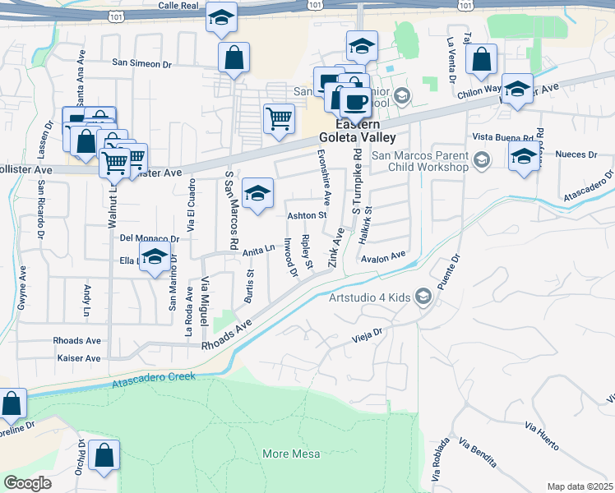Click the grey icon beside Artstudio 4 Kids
[x=423, y=297]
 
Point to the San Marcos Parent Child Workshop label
[x=419, y=161]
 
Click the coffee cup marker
[x=355, y=102]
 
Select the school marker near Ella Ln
[x=155, y=258]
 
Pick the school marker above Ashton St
[x=258, y=194]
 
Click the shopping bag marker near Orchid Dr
[x=104, y=456]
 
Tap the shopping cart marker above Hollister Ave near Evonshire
[x=279, y=118]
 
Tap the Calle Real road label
[x=180, y=5]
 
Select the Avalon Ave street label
[x=384, y=256]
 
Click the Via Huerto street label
[x=542, y=435]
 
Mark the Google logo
[x=28, y=483]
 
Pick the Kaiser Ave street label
[x=79, y=358]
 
